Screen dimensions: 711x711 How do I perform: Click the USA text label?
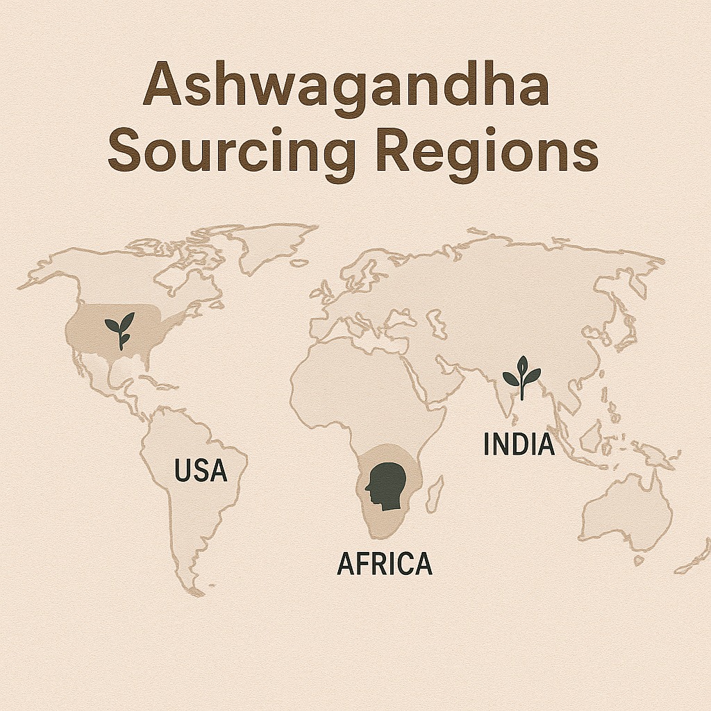coord(201,471)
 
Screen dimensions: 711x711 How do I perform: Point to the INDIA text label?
coord(519,444)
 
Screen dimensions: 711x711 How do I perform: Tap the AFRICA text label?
coord(384,563)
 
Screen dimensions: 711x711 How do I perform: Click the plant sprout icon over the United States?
coord(119,329)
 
